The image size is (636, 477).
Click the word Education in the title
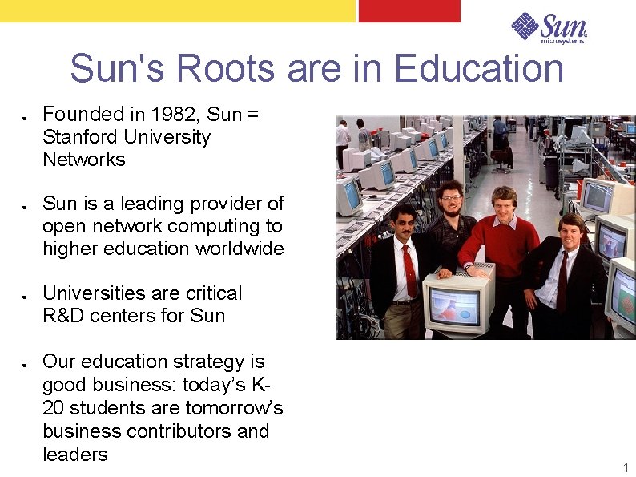click(x=478, y=69)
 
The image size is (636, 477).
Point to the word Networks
click(x=84, y=160)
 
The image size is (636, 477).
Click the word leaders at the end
click(x=74, y=455)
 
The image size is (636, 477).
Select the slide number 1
click(x=626, y=467)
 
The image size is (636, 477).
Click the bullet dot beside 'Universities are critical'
click(x=26, y=295)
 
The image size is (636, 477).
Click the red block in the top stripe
click(x=409, y=10)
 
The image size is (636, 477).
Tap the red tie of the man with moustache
click(x=410, y=269)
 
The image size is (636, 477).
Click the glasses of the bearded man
click(x=452, y=197)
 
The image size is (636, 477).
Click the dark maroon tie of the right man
click(x=563, y=281)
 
